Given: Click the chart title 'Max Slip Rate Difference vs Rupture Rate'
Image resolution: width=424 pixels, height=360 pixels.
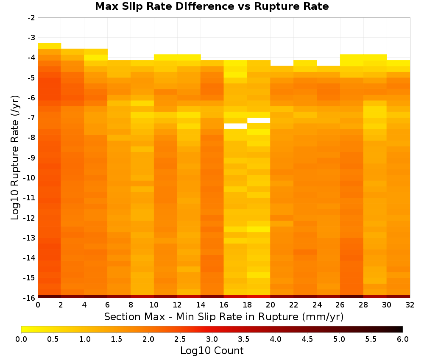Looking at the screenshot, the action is pos(212,6).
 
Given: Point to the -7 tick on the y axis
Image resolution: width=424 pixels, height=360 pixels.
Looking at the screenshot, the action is pos(31,117).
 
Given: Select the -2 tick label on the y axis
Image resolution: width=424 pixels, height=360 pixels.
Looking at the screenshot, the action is pos(31,18).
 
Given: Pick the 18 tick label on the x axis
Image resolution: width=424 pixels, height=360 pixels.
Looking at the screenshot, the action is pos(247,305).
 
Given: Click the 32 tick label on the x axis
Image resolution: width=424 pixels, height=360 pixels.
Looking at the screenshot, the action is pos(410,305).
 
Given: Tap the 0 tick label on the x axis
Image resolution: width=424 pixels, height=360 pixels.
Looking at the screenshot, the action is pos(38,305).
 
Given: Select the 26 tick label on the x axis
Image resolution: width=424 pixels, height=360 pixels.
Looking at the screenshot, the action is pos(340,305).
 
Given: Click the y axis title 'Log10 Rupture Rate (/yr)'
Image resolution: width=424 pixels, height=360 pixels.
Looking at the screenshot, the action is pos(15,158).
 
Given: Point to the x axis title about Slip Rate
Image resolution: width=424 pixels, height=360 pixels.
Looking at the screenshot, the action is pos(224,317).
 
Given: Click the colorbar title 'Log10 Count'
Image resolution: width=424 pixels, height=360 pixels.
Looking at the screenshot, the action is pos(212,351).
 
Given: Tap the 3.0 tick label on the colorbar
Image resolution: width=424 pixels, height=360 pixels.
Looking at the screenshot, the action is pos(212,339).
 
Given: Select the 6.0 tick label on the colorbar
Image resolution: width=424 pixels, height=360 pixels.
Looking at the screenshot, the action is pos(403,339).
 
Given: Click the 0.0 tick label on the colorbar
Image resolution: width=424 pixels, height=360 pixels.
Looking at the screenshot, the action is pos(21,339).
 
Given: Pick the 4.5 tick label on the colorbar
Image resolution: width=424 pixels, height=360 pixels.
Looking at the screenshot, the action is pos(307,339).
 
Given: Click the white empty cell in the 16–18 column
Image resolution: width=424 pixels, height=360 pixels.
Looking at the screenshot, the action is pos(235,126).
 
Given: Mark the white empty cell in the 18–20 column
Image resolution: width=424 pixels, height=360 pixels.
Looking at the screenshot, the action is pos(259,120).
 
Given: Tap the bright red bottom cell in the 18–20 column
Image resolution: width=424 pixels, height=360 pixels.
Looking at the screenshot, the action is pos(259,296).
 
